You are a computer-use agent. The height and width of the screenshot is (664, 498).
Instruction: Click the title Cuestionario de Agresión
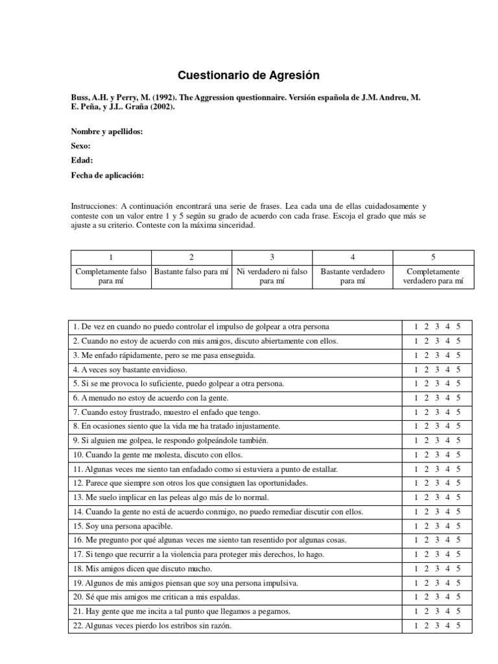tap(249, 75)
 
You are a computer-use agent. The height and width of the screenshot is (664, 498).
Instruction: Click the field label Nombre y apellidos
tap(106, 132)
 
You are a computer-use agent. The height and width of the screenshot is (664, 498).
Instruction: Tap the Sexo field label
tap(80, 147)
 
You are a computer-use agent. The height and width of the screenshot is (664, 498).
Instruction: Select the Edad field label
tap(82, 161)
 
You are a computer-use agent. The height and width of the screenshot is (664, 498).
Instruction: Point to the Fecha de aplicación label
tap(107, 175)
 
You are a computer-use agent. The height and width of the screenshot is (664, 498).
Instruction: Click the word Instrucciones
tap(93, 205)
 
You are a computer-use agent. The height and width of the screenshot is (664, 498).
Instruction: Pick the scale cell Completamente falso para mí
tap(111, 276)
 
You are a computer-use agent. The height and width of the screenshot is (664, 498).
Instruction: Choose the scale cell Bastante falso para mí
tap(191, 272)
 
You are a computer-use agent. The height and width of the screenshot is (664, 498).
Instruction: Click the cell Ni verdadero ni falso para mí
tap(272, 276)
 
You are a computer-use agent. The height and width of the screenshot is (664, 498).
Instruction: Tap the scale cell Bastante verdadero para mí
tap(352, 276)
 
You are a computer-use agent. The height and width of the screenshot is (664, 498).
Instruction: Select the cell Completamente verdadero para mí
tap(433, 276)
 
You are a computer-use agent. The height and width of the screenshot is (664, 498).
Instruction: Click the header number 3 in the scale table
tap(272, 257)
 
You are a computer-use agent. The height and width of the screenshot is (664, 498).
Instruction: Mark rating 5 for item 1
tap(458, 326)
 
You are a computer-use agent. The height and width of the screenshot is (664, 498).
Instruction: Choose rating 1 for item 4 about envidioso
tap(416, 369)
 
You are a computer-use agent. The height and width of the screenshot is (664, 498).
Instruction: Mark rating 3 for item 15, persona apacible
tap(437, 526)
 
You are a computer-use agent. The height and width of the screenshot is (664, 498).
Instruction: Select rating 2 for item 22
tap(426, 626)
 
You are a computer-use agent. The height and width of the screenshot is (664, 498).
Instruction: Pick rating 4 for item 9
tap(447, 440)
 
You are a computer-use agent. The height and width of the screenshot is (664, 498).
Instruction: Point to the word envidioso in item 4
tap(168, 369)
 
